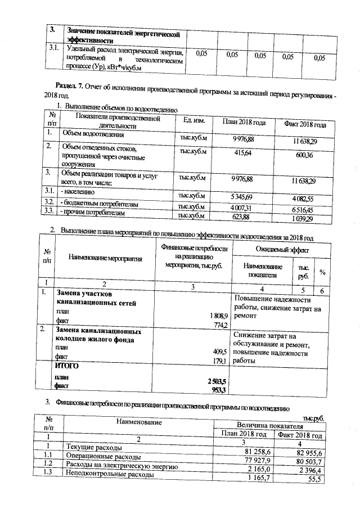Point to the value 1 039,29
(304, 218)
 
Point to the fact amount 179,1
(218, 361)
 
